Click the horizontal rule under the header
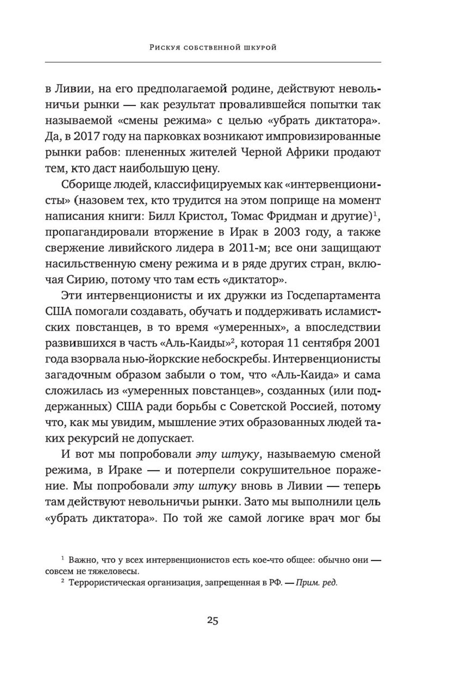pyautogui.click(x=225, y=61)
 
